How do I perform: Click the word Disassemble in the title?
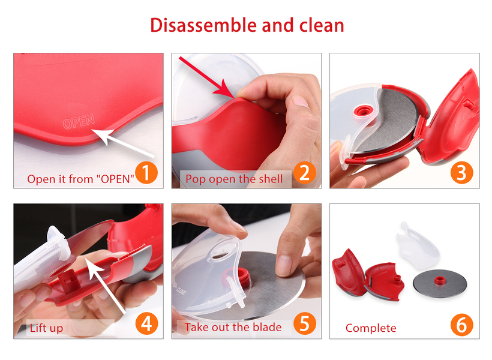[x=204, y=25]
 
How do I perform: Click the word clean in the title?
[x=322, y=25]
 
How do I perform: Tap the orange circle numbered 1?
[x=146, y=172]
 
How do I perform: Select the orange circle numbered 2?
[x=305, y=172]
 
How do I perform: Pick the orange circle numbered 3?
[x=461, y=172]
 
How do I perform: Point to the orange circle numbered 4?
[x=146, y=323]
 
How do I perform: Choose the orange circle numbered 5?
[x=305, y=323]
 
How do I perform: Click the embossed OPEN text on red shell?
[x=79, y=121]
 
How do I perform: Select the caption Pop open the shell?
[x=234, y=179]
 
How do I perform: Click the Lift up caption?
[x=46, y=328]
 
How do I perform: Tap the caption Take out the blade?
[x=233, y=327]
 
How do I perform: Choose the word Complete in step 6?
[x=371, y=328]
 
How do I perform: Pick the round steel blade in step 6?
[x=439, y=283]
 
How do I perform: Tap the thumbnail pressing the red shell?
[x=242, y=93]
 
